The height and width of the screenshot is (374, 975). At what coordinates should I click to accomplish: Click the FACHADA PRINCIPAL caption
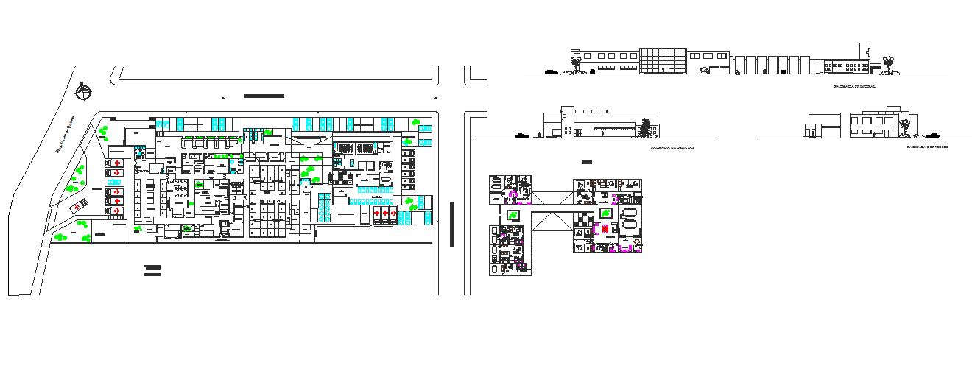(x=854, y=87)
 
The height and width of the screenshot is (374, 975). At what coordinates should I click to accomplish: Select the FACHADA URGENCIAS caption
(x=672, y=148)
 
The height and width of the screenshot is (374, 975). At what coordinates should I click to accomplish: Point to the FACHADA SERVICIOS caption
(x=927, y=148)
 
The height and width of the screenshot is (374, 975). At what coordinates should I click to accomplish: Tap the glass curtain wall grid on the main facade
(x=663, y=61)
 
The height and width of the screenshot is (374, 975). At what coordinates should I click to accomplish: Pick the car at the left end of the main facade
(x=550, y=71)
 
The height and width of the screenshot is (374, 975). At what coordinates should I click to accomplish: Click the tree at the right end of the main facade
(x=889, y=65)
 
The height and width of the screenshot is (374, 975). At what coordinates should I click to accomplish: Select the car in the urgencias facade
(x=522, y=135)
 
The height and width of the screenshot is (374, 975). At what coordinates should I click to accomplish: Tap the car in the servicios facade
(x=934, y=135)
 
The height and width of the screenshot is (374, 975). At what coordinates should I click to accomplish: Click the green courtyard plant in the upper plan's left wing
(x=512, y=214)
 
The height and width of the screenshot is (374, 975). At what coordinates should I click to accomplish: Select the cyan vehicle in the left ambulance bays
(x=115, y=181)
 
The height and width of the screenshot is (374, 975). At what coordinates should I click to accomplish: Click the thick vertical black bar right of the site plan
(x=451, y=225)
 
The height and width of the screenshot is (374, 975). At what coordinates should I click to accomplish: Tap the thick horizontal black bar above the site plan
(x=264, y=96)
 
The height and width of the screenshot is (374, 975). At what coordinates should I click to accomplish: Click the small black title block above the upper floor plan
(x=586, y=162)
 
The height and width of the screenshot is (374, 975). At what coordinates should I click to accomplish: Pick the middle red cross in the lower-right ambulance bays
(x=384, y=213)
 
